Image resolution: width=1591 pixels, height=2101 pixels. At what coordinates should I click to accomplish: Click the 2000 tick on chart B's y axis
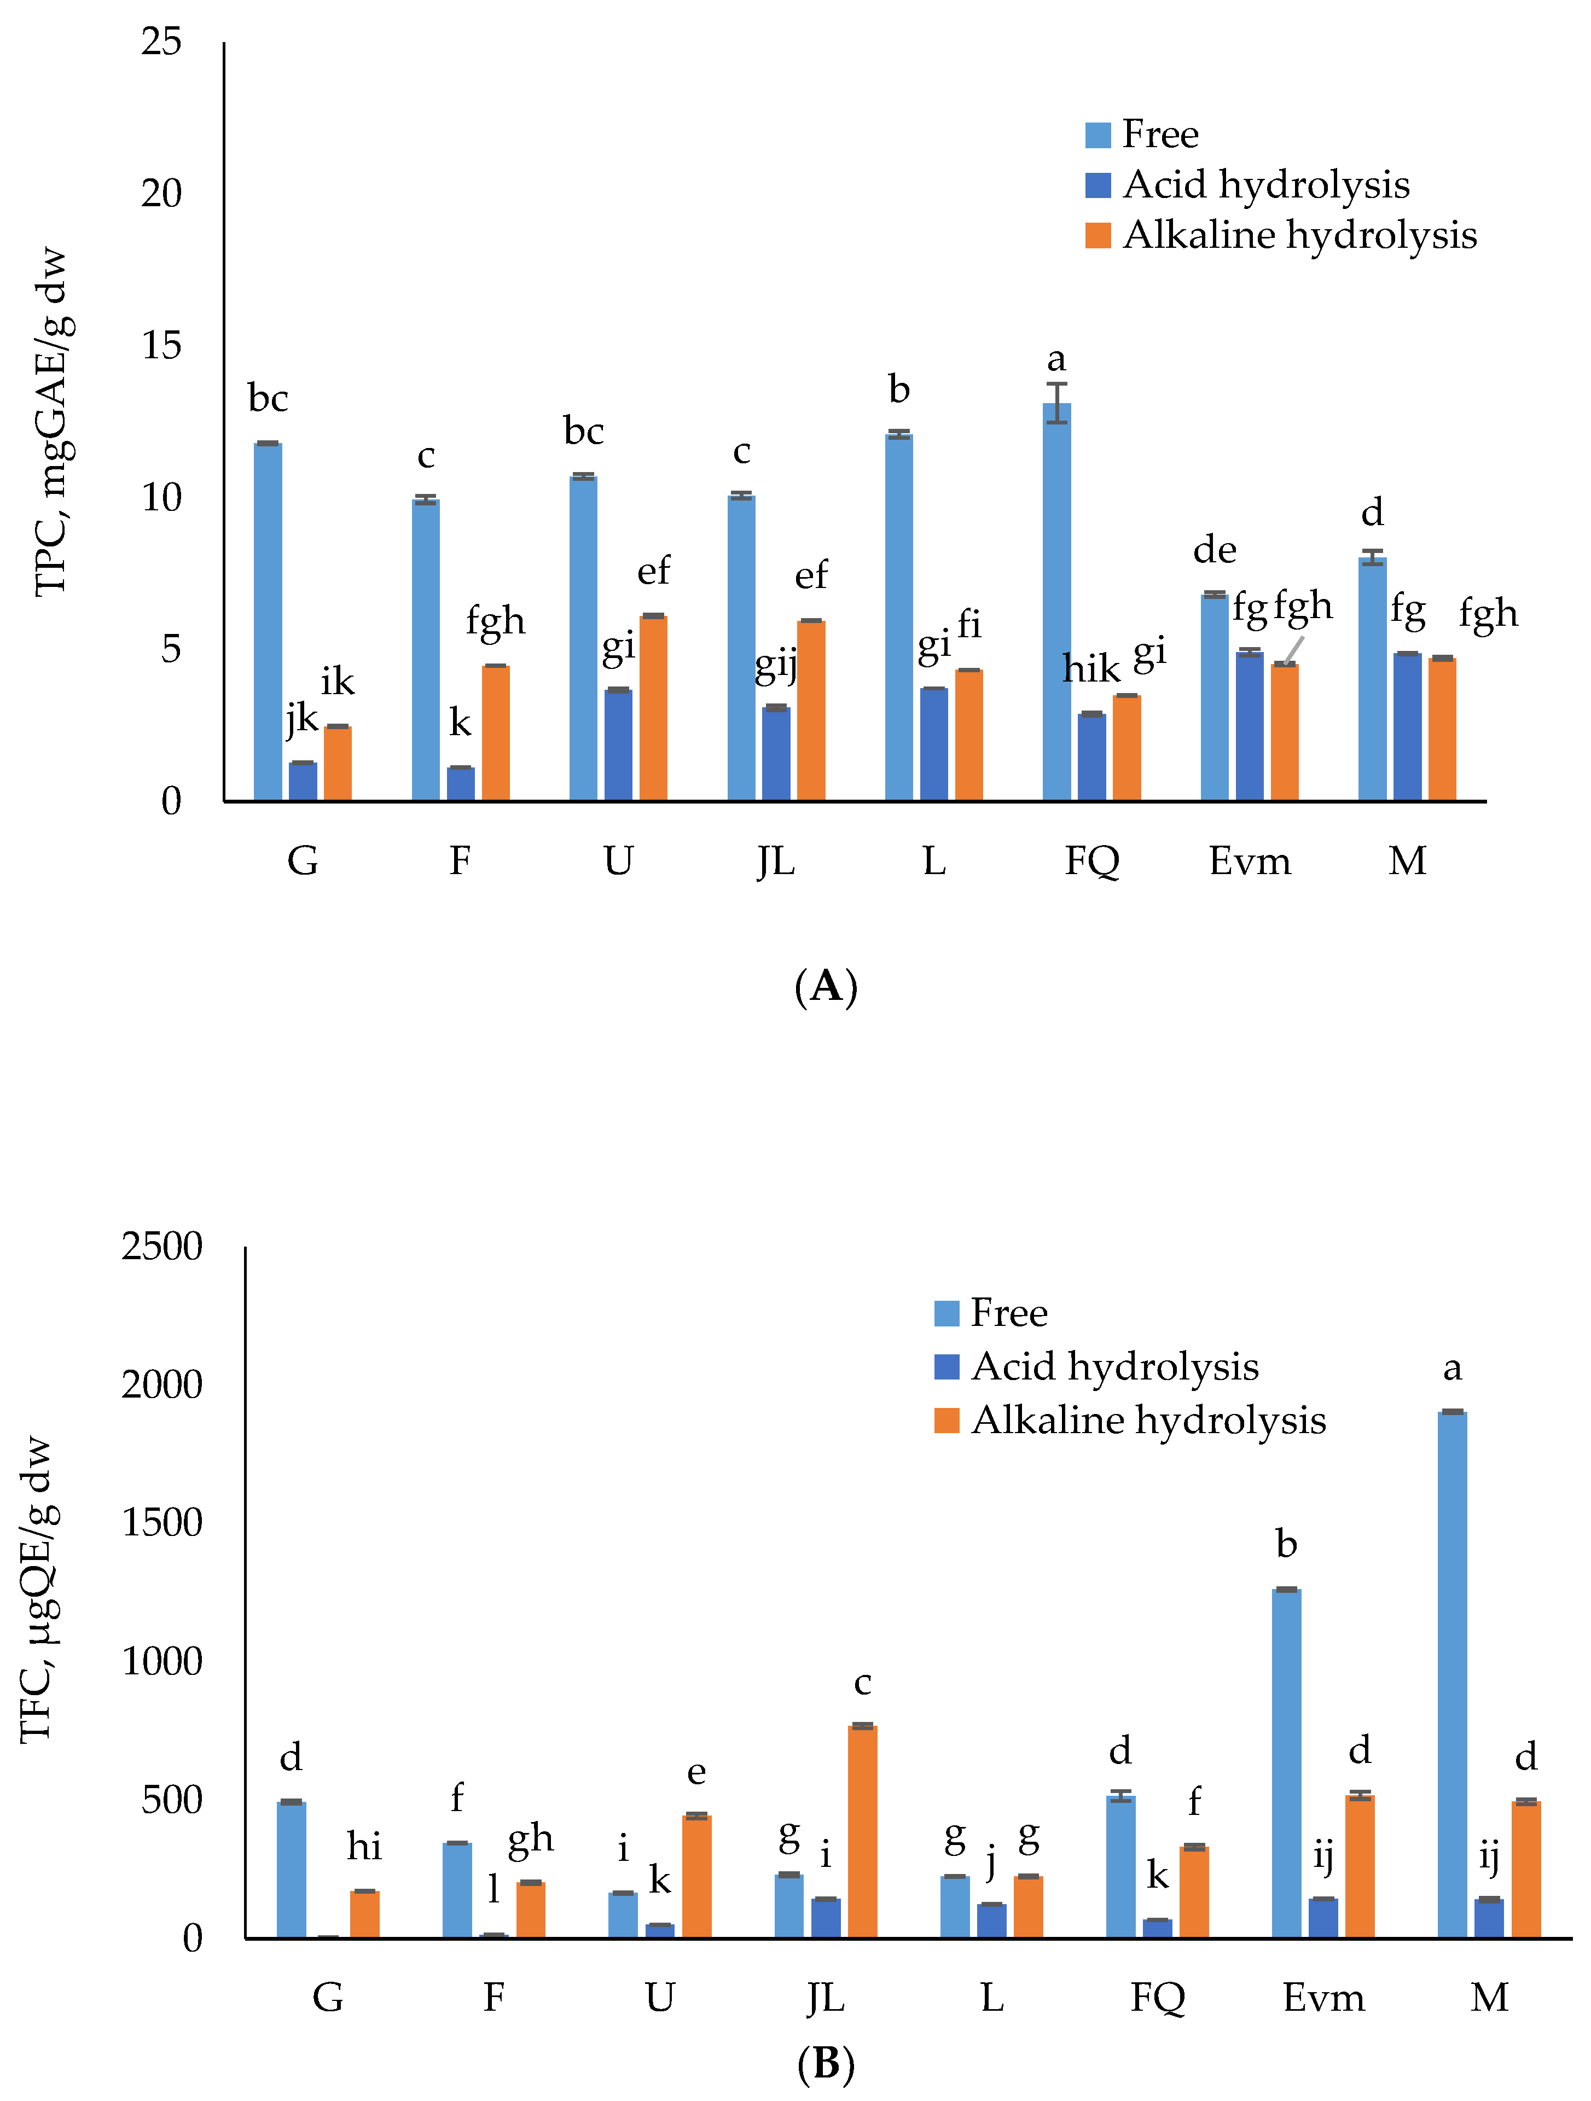point(161,1386)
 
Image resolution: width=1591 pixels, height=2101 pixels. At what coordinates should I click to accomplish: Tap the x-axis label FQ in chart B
point(1157,1998)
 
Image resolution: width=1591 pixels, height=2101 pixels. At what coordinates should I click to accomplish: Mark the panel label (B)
point(826,2064)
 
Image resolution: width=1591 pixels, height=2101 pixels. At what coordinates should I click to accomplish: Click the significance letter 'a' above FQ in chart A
point(1056,360)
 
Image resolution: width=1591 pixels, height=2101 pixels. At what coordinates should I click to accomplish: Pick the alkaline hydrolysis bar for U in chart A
point(653,708)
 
